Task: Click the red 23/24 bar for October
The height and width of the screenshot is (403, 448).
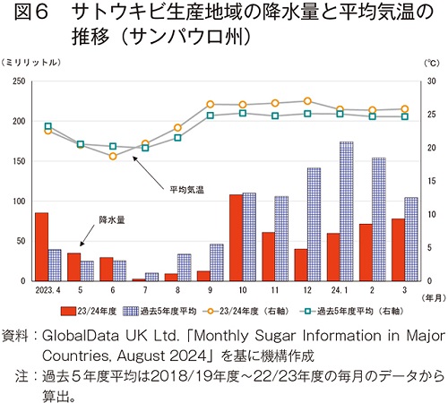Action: pyautogui.click(x=236, y=238)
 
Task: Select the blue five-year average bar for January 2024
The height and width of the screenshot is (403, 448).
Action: pyautogui.click(x=347, y=211)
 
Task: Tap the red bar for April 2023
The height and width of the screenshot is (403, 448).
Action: pyautogui.click(x=41, y=247)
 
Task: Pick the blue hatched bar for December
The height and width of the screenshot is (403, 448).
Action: pyautogui.click(x=314, y=225)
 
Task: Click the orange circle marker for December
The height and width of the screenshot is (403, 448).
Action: pyautogui.click(x=307, y=101)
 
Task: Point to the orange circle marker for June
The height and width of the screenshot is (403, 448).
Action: pyautogui.click(x=113, y=156)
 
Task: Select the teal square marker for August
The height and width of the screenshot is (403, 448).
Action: pyautogui.click(x=177, y=138)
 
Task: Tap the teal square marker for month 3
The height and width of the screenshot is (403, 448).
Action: pyautogui.click(x=405, y=116)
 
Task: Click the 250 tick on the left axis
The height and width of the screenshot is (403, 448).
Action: pyautogui.click(x=19, y=81)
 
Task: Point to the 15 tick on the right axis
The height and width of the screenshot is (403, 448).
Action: pyautogui.click(x=431, y=181)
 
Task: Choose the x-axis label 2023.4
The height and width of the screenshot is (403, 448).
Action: pyautogui.click(x=47, y=290)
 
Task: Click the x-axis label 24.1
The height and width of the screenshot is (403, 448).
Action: pyautogui.click(x=340, y=290)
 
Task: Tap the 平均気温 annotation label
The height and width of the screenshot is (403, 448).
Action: pyautogui.click(x=187, y=190)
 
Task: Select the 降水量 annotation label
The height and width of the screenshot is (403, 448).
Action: pyautogui.click(x=112, y=220)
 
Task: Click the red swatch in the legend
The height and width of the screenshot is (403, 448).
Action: pyautogui.click(x=68, y=312)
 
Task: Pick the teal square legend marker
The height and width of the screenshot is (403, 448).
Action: pyautogui.click(x=307, y=312)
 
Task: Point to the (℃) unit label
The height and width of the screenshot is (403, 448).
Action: pyautogui.click(x=432, y=63)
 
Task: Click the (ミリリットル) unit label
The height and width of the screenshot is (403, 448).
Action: pyautogui.click(x=30, y=63)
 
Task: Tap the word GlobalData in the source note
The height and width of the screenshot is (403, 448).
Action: pyautogui.click(x=81, y=336)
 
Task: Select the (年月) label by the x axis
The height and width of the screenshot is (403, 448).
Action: pyautogui.click(x=434, y=298)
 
